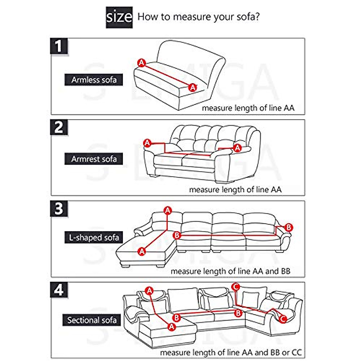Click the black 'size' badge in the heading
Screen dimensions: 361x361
coord(119,17)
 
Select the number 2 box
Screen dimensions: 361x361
coord(59,128)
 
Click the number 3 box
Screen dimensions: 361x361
coord(59,209)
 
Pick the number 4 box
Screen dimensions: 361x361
coord(59,290)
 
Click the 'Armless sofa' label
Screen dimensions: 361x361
coord(94,80)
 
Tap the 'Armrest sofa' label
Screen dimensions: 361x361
coord(94,159)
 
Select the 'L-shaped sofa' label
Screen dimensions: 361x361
coord(94,237)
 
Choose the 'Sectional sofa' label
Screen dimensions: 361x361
coord(92,320)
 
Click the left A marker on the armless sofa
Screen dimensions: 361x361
coord(142,63)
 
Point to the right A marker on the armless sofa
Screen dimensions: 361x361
coord(193,88)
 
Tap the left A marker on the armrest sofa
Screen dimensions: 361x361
coord(147,143)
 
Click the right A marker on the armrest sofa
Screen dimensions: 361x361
coord(238,148)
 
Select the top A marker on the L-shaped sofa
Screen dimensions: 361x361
coord(168,211)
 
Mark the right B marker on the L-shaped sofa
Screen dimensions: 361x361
coord(288,227)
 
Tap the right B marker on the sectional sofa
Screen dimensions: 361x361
coord(238,313)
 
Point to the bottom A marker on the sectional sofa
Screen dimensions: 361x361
coord(172,326)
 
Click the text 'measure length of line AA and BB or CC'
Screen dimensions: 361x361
coord(231,352)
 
